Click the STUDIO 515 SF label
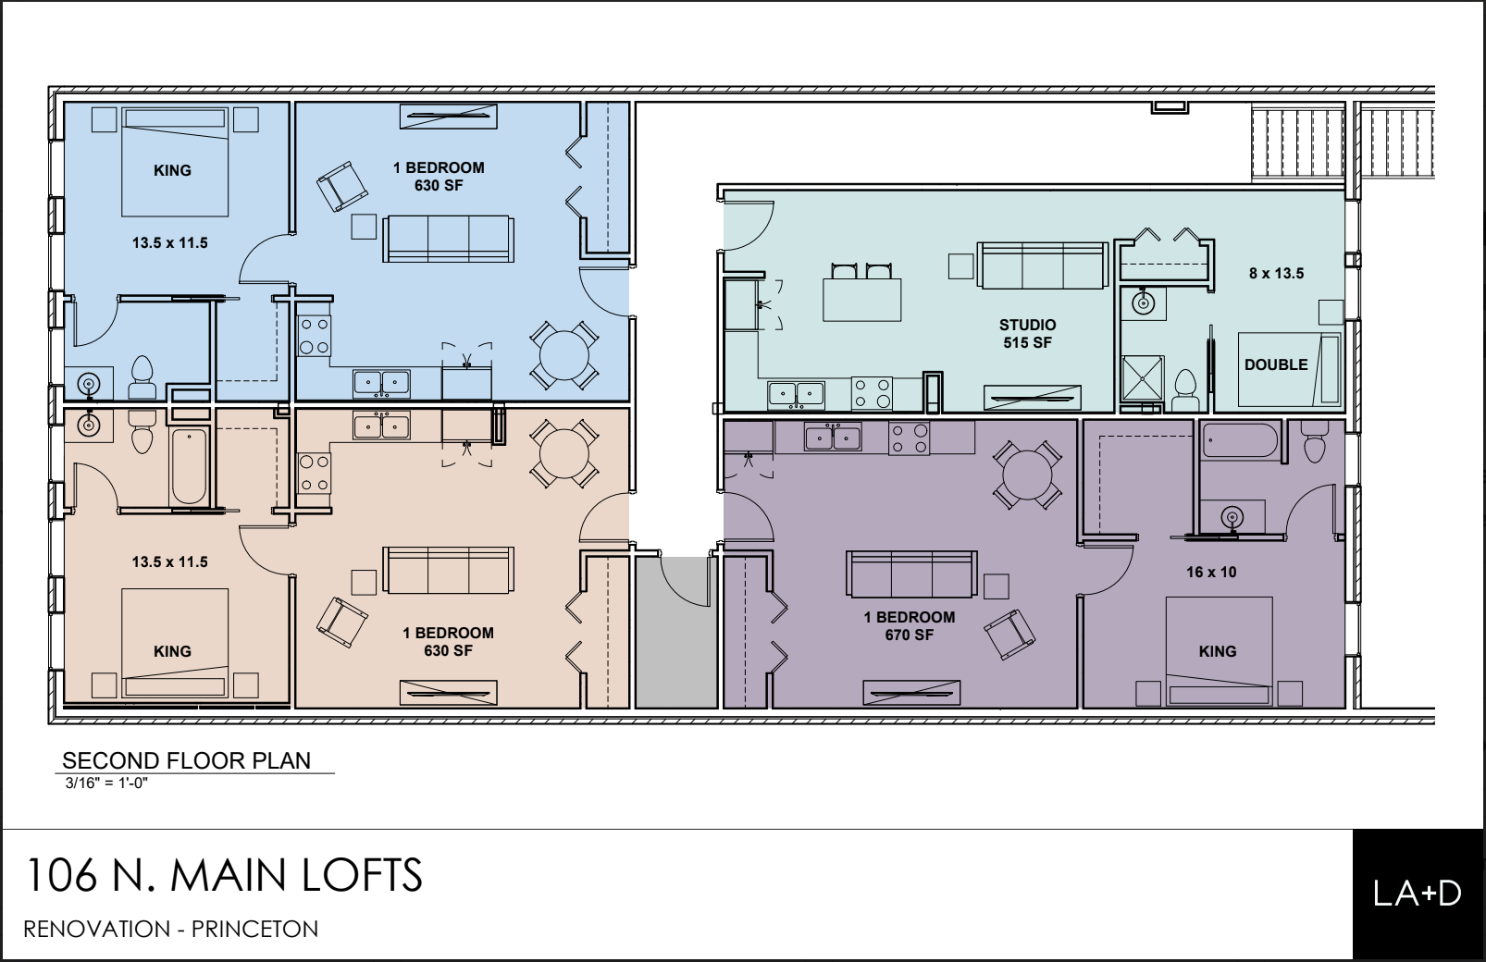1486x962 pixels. click(1028, 334)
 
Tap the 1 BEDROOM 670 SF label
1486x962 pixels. click(909, 626)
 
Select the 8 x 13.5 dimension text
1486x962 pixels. click(1276, 273)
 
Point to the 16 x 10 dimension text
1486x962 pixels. click(1211, 572)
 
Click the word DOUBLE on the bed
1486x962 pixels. click(1276, 364)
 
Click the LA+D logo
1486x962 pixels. click(1418, 894)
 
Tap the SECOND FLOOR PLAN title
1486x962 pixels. click(186, 760)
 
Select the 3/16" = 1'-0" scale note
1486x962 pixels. click(106, 783)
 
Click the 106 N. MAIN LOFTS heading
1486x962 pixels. click(224, 874)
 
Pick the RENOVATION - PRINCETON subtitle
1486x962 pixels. click(171, 929)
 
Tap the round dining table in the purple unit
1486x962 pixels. click(1027, 475)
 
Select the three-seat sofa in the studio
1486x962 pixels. click(1042, 265)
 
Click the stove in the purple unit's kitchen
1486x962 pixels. click(909, 438)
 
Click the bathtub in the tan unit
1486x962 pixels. click(189, 466)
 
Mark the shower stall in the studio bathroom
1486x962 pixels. click(1143, 378)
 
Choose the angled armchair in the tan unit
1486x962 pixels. click(341, 622)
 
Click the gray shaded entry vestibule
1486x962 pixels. click(676, 632)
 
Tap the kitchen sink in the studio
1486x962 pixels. click(796, 395)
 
